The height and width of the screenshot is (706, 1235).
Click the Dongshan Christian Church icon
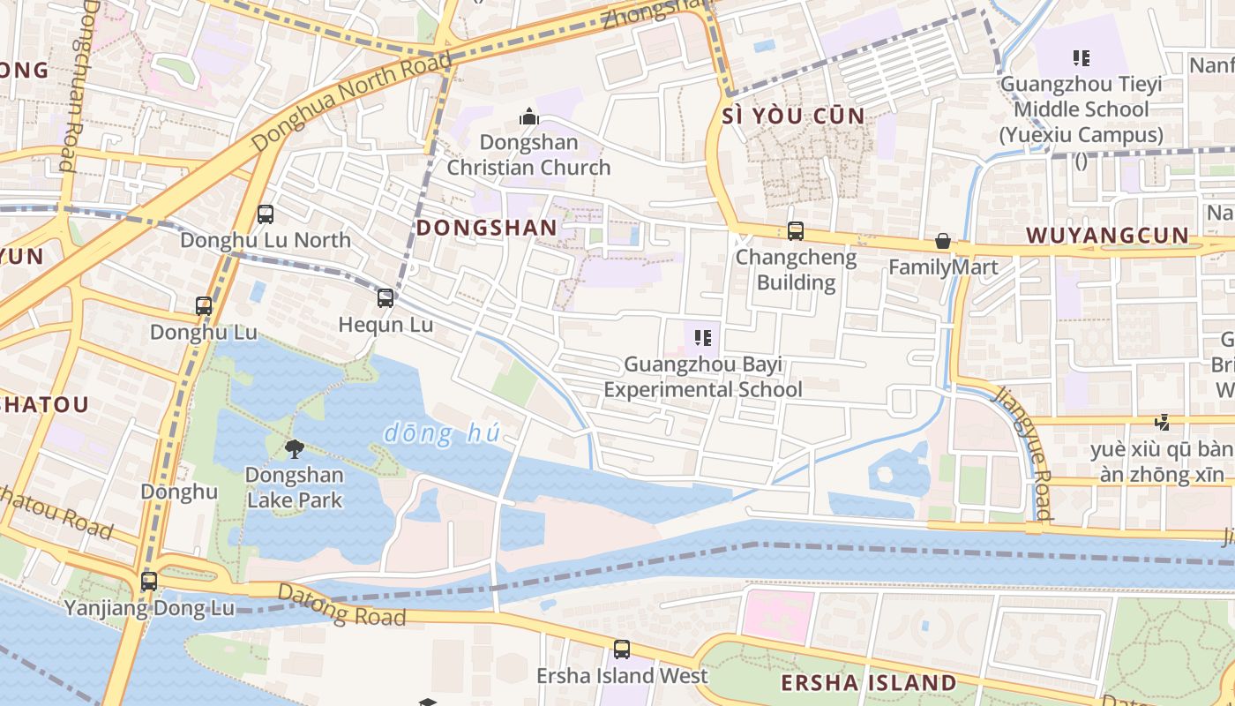[528, 116]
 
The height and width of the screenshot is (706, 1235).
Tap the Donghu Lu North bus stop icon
[265, 214]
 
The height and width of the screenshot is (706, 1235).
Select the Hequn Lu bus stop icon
[385, 298]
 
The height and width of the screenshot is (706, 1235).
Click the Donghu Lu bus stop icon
[204, 305]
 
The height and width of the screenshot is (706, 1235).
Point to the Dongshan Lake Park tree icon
[294, 449]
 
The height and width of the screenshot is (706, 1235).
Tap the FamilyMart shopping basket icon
[943, 241]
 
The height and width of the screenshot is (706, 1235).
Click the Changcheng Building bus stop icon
[796, 231]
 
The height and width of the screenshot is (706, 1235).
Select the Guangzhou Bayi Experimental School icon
[703, 337]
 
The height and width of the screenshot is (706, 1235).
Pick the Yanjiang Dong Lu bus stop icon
[149, 582]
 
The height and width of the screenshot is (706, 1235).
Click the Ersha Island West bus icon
[622, 650]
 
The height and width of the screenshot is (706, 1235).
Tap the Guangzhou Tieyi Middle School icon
[1081, 58]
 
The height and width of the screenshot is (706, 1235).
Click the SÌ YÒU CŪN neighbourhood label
[793, 116]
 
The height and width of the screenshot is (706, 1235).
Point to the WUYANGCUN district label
[1108, 236]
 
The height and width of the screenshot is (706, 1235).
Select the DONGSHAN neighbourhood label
[486, 228]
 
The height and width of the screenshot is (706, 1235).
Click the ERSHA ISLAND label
[868, 683]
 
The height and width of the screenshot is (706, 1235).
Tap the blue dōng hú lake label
[442, 433]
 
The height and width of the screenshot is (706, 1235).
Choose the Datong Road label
[341, 605]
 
